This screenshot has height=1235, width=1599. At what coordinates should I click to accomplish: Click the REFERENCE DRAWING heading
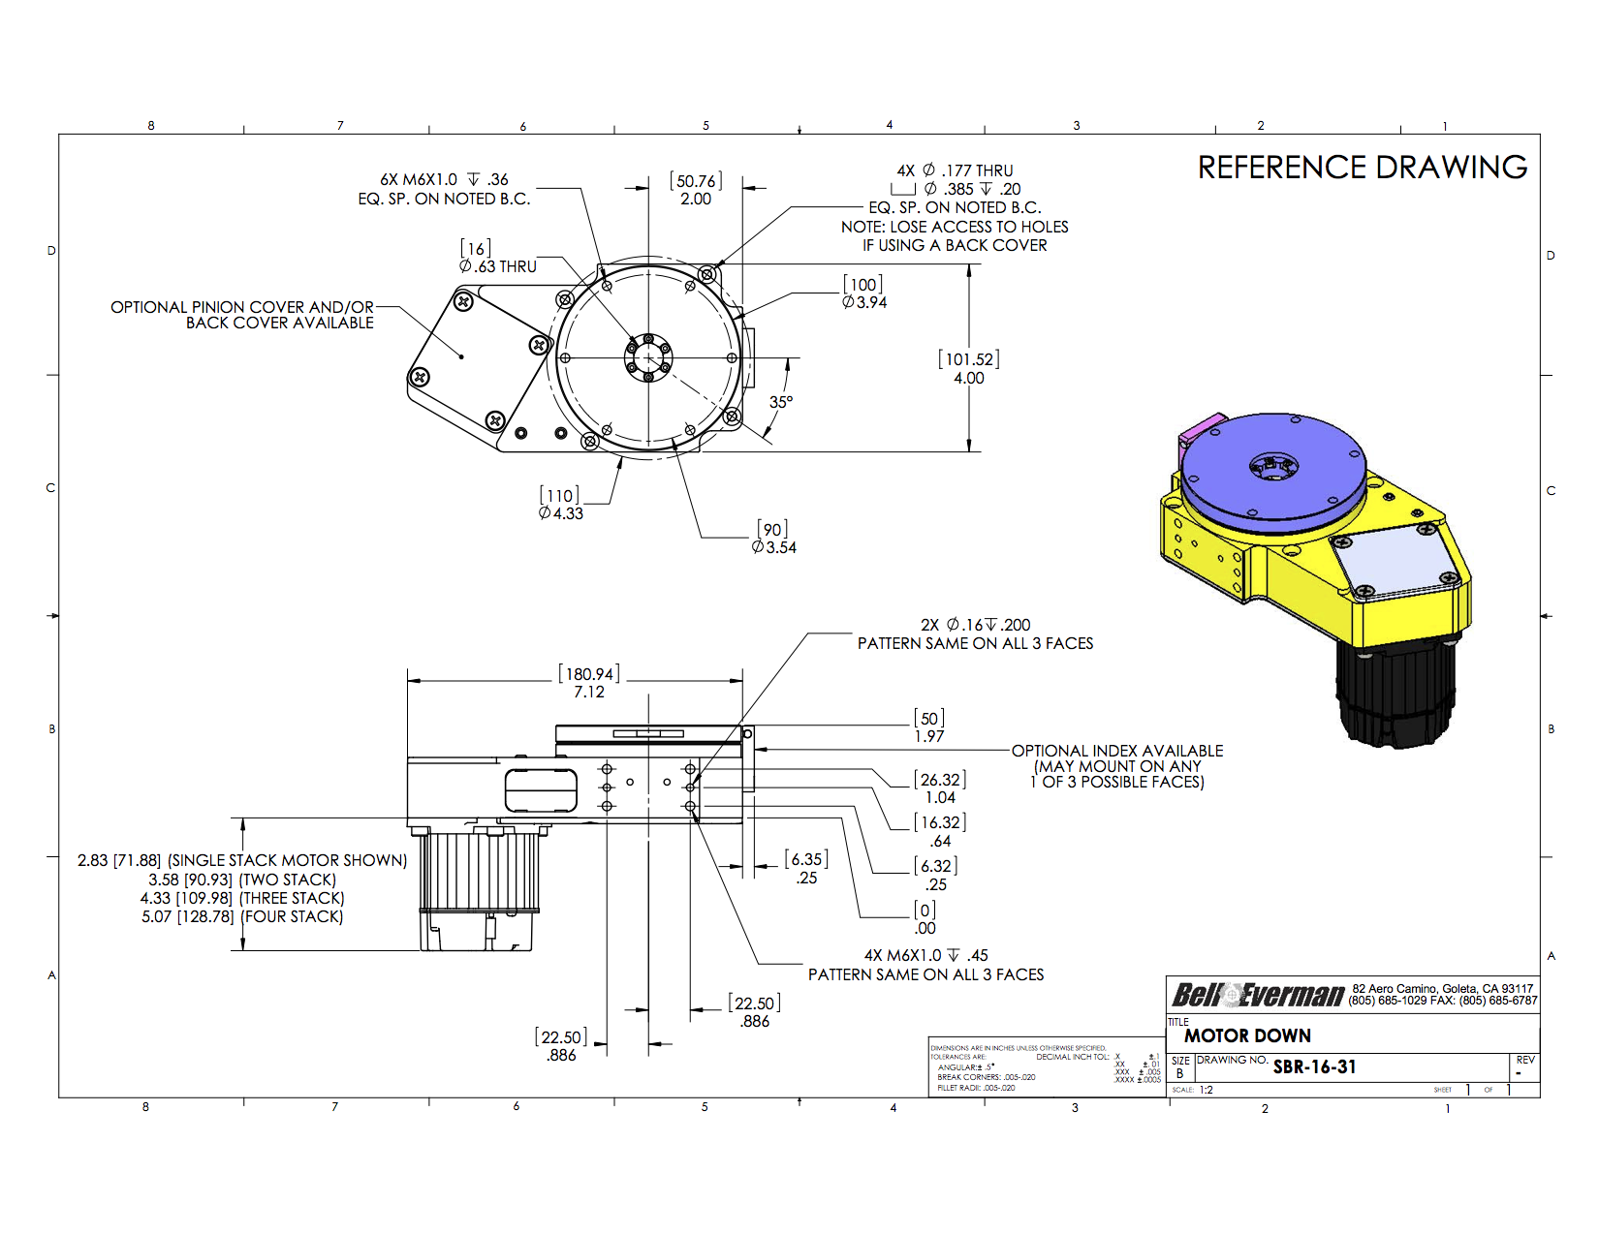[1362, 168]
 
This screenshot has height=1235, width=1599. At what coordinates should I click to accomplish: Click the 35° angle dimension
[780, 402]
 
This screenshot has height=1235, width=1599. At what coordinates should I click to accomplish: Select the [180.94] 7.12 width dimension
[588, 683]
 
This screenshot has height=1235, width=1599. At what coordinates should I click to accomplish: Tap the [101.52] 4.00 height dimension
[968, 369]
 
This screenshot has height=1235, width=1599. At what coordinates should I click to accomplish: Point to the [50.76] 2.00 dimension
[695, 190]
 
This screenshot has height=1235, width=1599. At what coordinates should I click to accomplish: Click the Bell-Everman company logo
[1257, 995]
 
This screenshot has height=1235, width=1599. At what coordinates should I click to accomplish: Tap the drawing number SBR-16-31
[1314, 1067]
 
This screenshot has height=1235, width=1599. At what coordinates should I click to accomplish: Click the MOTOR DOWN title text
[1247, 1036]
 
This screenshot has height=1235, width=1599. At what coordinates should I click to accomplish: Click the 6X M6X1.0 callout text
[444, 189]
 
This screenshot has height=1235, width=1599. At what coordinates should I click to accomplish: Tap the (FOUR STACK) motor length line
[242, 917]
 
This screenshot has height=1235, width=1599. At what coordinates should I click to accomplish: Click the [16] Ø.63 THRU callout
[497, 258]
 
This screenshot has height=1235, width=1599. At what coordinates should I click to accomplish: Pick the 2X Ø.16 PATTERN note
[975, 634]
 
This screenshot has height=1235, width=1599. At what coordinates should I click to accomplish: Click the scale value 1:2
[1207, 1090]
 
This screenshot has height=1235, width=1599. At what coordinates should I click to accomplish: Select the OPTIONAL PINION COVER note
[242, 315]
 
